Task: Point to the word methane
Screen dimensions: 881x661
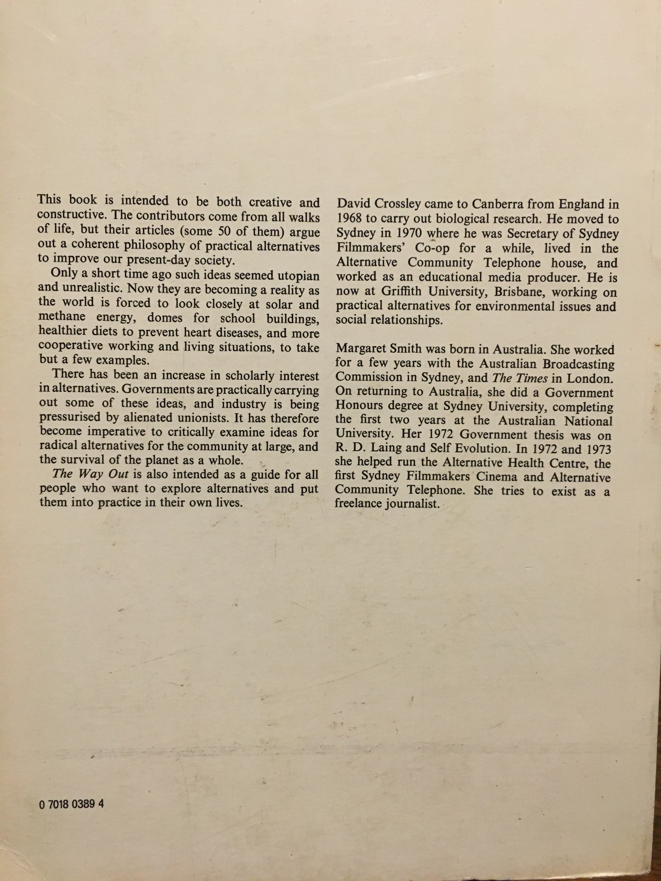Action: coord(63,319)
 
